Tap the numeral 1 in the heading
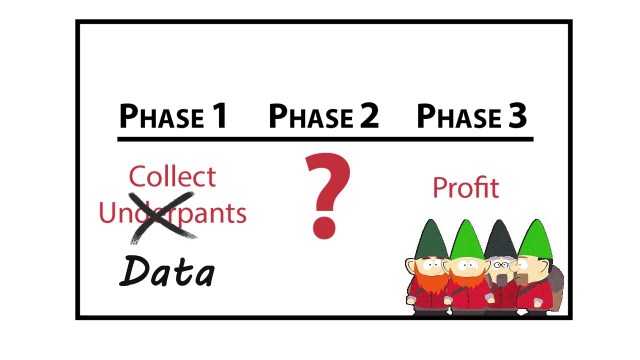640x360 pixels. pyautogui.click(x=217, y=116)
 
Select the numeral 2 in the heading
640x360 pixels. pyautogui.click(x=368, y=116)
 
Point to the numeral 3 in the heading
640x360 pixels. pyautogui.click(x=515, y=116)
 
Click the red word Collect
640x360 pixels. pyautogui.click(x=172, y=177)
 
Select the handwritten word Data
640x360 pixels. pyautogui.click(x=167, y=270)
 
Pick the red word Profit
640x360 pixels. pyautogui.click(x=465, y=187)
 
